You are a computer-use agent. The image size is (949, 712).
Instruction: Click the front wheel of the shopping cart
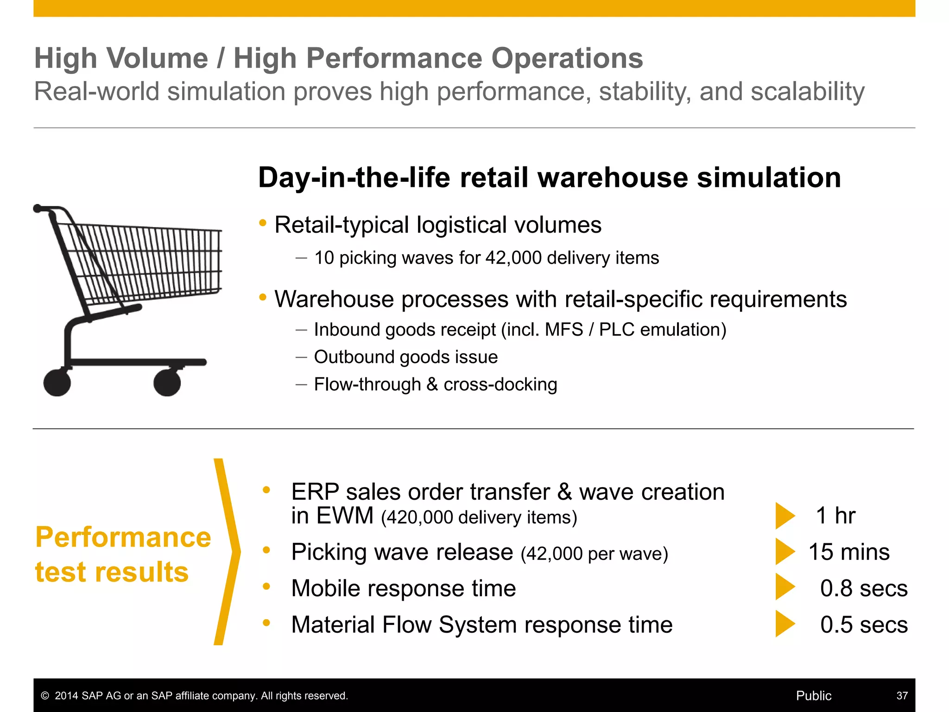pyautogui.click(x=167, y=382)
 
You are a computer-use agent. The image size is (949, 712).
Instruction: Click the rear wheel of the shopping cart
pyautogui.click(x=57, y=382)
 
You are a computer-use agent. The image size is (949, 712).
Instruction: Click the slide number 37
pyautogui.click(x=902, y=696)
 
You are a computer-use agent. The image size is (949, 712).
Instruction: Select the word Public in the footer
pyautogui.click(x=814, y=696)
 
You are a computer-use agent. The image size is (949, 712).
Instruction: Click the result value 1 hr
pyautogui.click(x=835, y=515)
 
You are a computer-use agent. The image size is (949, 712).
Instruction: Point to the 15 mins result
pyautogui.click(x=849, y=552)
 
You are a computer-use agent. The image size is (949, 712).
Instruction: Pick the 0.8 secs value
pyautogui.click(x=864, y=588)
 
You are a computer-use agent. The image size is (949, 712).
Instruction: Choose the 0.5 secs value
pyautogui.click(x=864, y=625)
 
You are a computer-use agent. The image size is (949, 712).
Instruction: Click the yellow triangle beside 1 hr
pyautogui.click(x=784, y=515)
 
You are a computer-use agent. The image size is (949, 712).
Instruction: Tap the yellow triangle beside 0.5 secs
pyautogui.click(x=784, y=624)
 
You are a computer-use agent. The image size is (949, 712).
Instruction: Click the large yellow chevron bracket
pyautogui.click(x=228, y=552)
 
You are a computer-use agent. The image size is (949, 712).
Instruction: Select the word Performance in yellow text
pyautogui.click(x=123, y=538)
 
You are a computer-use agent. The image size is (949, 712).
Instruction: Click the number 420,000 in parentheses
pyautogui.click(x=419, y=518)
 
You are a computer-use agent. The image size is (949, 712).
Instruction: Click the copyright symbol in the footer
pyautogui.click(x=45, y=696)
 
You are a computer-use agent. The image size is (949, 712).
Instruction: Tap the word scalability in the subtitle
pyautogui.click(x=807, y=91)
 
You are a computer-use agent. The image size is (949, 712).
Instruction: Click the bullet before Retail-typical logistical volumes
pyautogui.click(x=263, y=223)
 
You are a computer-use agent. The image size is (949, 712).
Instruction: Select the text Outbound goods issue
pyautogui.click(x=406, y=357)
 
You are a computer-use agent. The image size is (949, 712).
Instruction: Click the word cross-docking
pyautogui.click(x=500, y=384)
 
